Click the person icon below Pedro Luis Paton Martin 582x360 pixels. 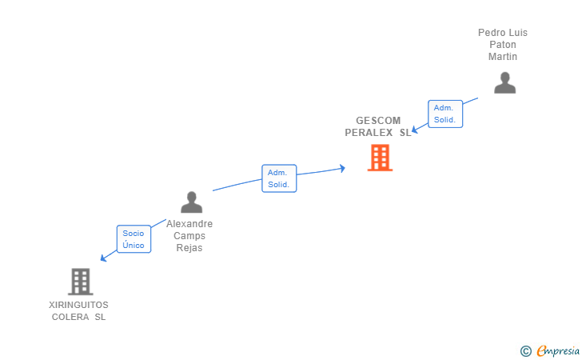[x=504, y=83]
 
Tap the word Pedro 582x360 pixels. [x=492, y=33]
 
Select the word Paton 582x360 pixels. [x=503, y=45]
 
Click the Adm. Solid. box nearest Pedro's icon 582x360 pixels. [x=444, y=114]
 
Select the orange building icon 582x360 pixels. [x=380, y=158]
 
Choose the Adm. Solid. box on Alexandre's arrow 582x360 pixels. [x=279, y=178]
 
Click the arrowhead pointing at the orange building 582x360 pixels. [x=342, y=168]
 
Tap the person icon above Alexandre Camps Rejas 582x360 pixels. [x=191, y=202]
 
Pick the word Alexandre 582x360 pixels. [x=189, y=224]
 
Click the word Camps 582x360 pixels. [x=189, y=236]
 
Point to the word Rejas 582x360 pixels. [x=189, y=248]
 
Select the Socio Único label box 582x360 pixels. [x=134, y=239]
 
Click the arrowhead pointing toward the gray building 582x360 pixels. [x=103, y=258]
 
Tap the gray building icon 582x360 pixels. [x=80, y=282]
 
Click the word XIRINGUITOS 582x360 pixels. [x=78, y=305]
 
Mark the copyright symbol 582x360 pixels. [x=525, y=350]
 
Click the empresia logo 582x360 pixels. [x=558, y=350]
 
